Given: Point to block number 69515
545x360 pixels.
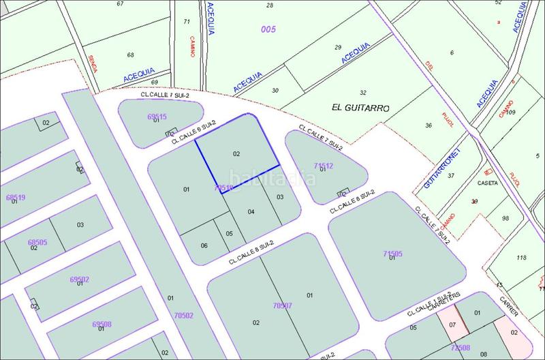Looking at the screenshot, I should [157, 116].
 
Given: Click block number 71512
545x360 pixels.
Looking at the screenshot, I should [323, 165].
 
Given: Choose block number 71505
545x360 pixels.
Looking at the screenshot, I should [392, 254].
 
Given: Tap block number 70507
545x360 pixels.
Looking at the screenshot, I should [282, 305].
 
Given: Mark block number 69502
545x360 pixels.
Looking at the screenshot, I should [80, 279].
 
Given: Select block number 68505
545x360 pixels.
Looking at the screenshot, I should [37, 242].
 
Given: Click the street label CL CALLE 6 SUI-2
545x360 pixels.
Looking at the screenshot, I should [194, 132].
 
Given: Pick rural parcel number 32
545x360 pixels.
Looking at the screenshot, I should [363, 93].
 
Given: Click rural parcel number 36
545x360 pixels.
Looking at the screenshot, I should [429, 125].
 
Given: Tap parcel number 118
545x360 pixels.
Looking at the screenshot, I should [522, 257].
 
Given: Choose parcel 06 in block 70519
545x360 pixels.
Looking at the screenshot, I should [204, 245].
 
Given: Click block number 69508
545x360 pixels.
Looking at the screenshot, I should [102, 324].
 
